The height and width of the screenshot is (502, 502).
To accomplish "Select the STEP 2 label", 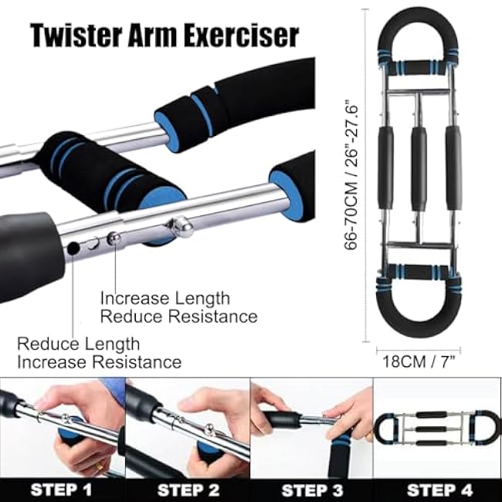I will point(188,489).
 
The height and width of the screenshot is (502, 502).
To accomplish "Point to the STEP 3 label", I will point(312,489).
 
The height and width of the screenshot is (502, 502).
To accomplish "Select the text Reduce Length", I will point(78,344).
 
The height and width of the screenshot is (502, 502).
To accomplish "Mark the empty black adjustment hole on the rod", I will point(73,249).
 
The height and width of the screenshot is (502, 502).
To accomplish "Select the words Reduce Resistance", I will point(178,317).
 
